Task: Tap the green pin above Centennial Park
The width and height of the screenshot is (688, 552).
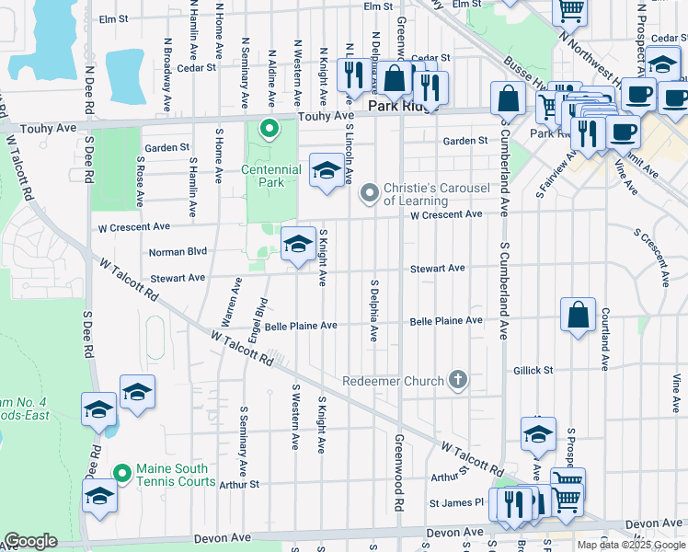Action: click(269, 128)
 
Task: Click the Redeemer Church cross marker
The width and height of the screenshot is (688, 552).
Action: click(457, 379)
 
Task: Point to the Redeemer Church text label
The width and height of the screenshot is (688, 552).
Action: click(393, 380)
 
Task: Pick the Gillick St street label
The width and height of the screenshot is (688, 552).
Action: click(534, 370)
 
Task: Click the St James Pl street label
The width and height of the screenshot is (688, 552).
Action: click(456, 502)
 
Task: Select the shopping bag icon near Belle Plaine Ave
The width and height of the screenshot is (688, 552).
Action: click(577, 315)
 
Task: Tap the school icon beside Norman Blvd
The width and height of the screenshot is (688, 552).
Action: click(297, 244)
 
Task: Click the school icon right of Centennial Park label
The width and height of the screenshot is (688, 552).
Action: click(326, 170)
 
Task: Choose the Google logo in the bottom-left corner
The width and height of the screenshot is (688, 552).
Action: click(30, 541)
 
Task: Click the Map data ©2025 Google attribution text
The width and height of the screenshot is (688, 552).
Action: click(631, 545)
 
